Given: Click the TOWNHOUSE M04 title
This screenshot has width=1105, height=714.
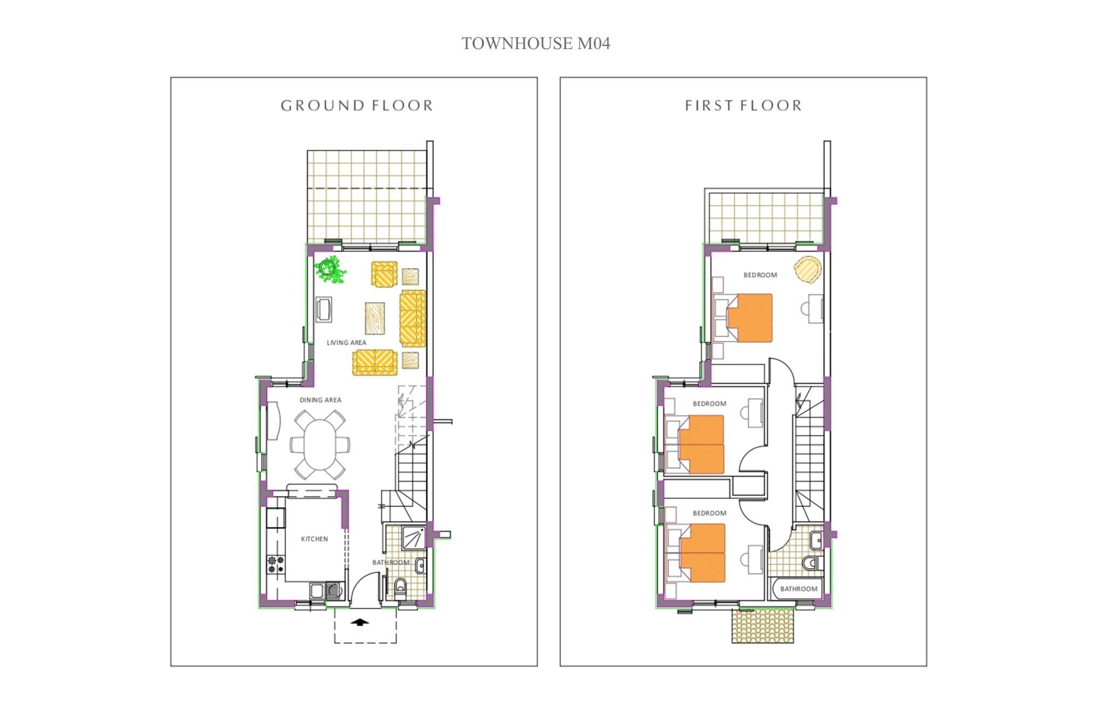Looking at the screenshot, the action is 536,43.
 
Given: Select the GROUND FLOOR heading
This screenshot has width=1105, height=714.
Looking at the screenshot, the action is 357,105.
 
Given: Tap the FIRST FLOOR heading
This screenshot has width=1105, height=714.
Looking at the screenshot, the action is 743,105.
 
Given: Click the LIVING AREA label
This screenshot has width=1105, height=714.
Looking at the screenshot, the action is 346,343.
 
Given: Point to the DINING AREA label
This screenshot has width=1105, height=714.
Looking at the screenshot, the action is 320,400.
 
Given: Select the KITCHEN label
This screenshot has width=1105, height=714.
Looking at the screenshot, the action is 315,539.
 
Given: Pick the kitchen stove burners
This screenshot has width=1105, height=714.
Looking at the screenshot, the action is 276,565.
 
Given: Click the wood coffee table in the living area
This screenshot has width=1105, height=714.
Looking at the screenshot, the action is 375,318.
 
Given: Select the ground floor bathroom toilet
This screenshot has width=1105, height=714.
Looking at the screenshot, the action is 400,586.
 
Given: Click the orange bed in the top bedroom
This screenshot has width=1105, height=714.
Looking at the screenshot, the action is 749,318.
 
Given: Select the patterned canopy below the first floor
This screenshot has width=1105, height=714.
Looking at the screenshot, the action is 763,625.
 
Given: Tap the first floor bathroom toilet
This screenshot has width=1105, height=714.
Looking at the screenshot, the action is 811,563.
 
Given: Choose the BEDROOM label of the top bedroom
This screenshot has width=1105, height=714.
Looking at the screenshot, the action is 760,275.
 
